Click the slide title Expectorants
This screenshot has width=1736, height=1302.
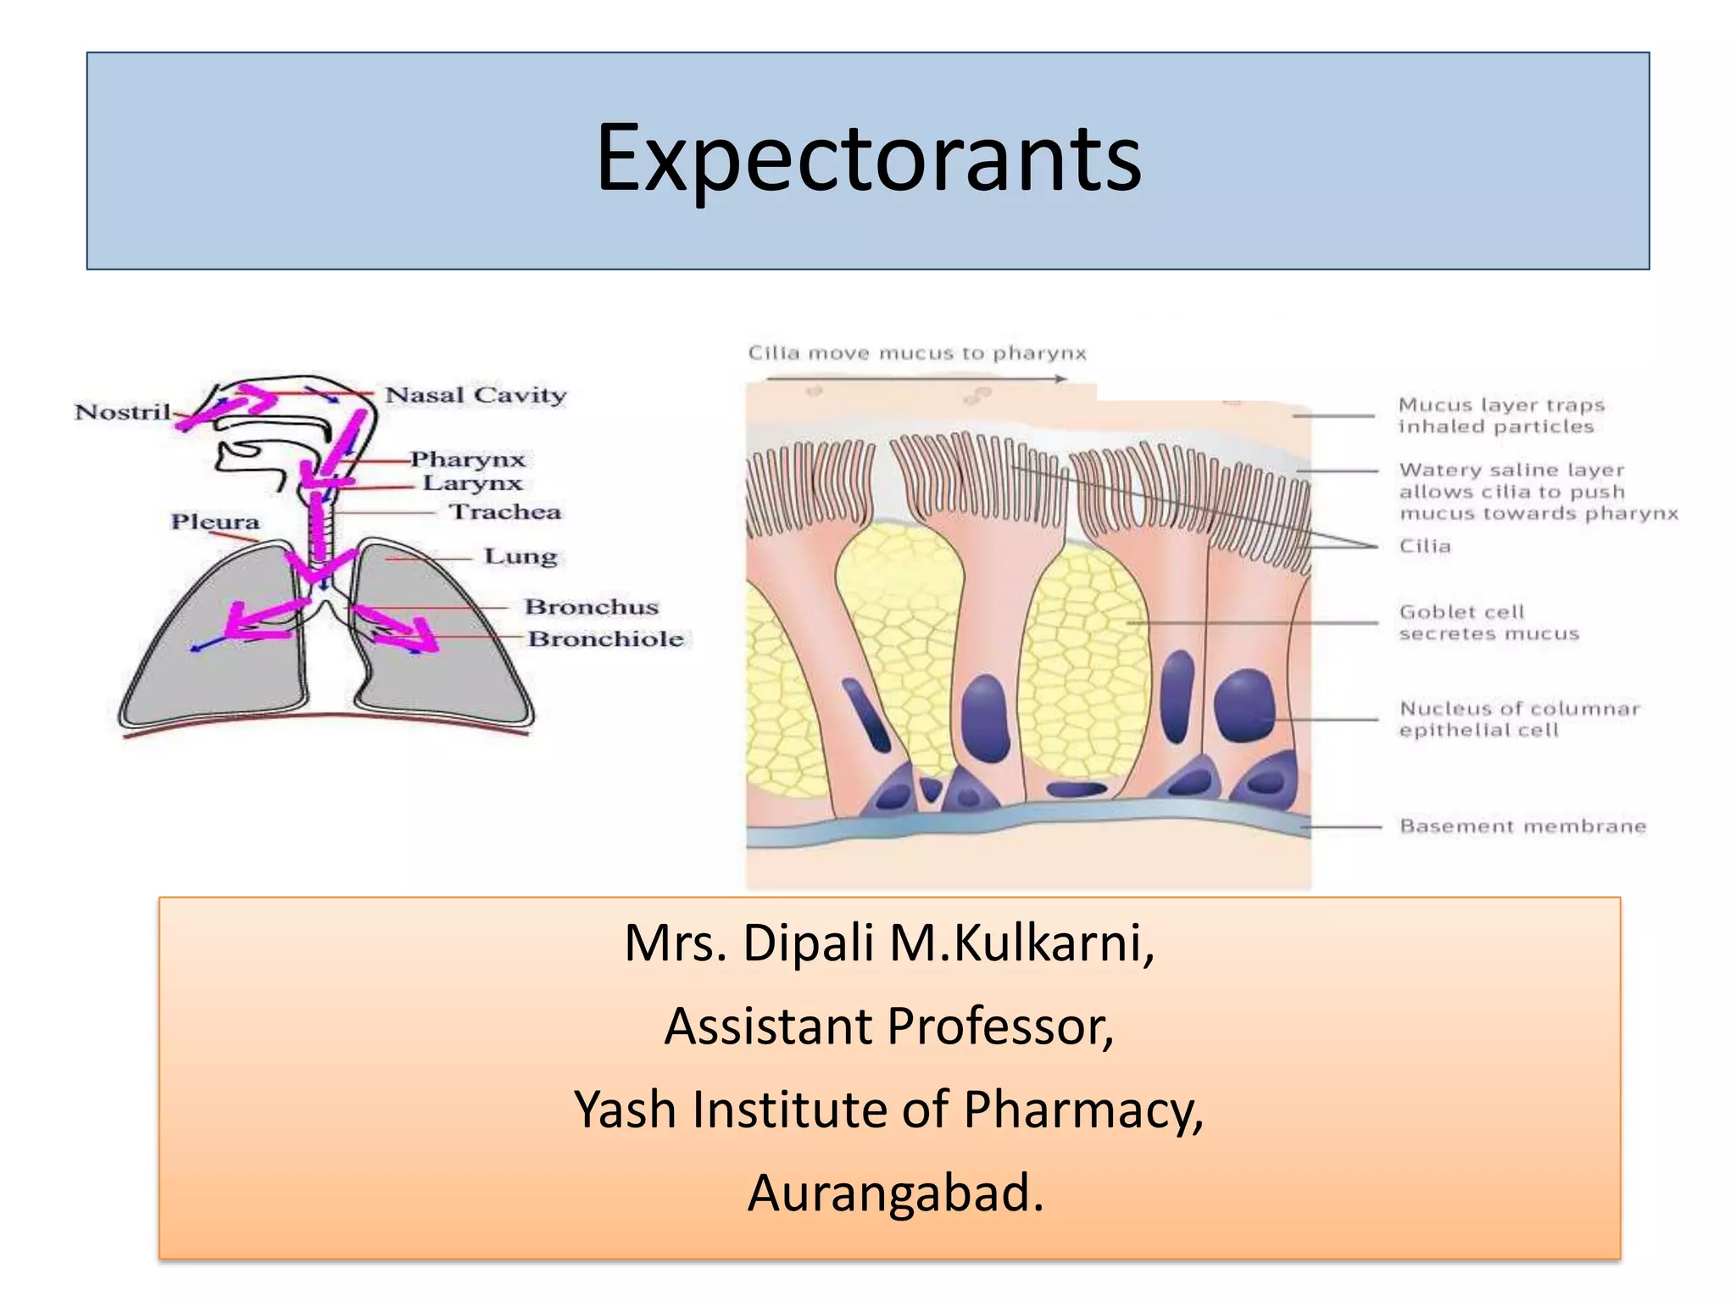click(x=868, y=159)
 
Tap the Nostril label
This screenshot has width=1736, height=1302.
click(x=123, y=412)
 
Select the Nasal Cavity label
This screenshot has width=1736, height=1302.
click(x=476, y=395)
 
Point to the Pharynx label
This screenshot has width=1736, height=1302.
click(x=468, y=459)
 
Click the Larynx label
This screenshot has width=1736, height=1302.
click(x=472, y=483)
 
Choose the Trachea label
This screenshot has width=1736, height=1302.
click(x=505, y=512)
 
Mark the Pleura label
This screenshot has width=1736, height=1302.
click(x=215, y=521)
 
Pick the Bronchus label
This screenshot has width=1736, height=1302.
click(x=592, y=607)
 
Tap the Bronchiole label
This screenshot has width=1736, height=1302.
click(x=606, y=638)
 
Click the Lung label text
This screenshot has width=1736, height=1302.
click(x=520, y=557)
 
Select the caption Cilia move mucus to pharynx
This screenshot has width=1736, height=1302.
click(x=916, y=353)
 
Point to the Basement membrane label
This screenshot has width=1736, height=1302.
click(x=1522, y=826)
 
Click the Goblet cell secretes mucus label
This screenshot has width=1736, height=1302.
click(x=1488, y=623)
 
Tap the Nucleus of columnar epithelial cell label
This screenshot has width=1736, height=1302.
click(x=1519, y=719)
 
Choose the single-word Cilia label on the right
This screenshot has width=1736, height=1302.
click(x=1425, y=547)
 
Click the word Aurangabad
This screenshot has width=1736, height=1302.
click(x=895, y=1193)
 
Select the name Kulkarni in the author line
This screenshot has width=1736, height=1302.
click(x=1054, y=943)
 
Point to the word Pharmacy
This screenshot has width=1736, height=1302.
click(x=1082, y=1110)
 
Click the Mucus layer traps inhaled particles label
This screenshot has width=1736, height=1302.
click(x=1500, y=415)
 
